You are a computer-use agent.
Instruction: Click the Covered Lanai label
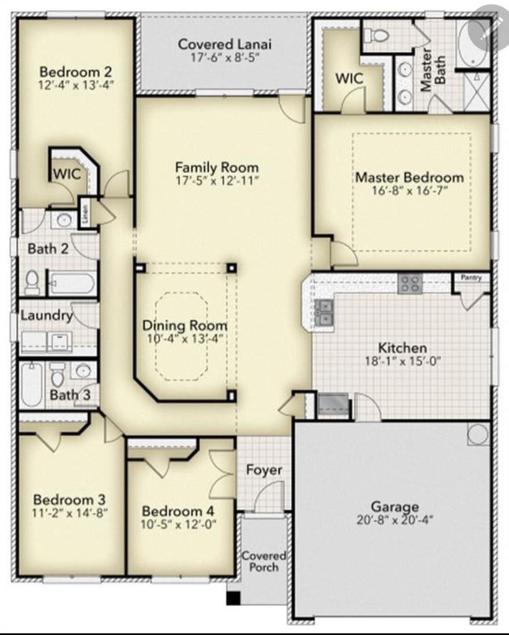click(x=225, y=44)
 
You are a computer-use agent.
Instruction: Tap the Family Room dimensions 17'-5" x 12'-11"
click(x=217, y=180)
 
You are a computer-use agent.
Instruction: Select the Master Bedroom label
click(x=409, y=177)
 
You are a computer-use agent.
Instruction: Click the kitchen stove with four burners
click(x=410, y=283)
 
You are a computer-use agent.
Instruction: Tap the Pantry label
click(x=471, y=277)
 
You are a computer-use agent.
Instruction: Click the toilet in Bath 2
click(x=32, y=282)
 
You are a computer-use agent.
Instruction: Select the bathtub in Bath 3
click(x=32, y=384)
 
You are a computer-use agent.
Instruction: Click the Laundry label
click(x=47, y=315)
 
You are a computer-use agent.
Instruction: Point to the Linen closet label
click(x=84, y=213)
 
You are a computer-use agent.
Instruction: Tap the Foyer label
click(x=264, y=470)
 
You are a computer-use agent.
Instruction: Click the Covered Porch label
click(x=264, y=561)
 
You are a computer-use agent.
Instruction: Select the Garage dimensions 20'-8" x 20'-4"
click(x=395, y=519)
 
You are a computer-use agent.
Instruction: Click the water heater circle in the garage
click(x=478, y=434)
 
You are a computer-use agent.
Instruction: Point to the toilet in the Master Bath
click(x=376, y=35)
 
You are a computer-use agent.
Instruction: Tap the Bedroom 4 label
click(x=178, y=511)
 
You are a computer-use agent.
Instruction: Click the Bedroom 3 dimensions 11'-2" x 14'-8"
click(x=70, y=513)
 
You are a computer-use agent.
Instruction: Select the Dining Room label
click(x=185, y=325)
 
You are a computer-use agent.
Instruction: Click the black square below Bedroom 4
click(x=233, y=598)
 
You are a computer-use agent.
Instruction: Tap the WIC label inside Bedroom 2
click(x=67, y=174)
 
